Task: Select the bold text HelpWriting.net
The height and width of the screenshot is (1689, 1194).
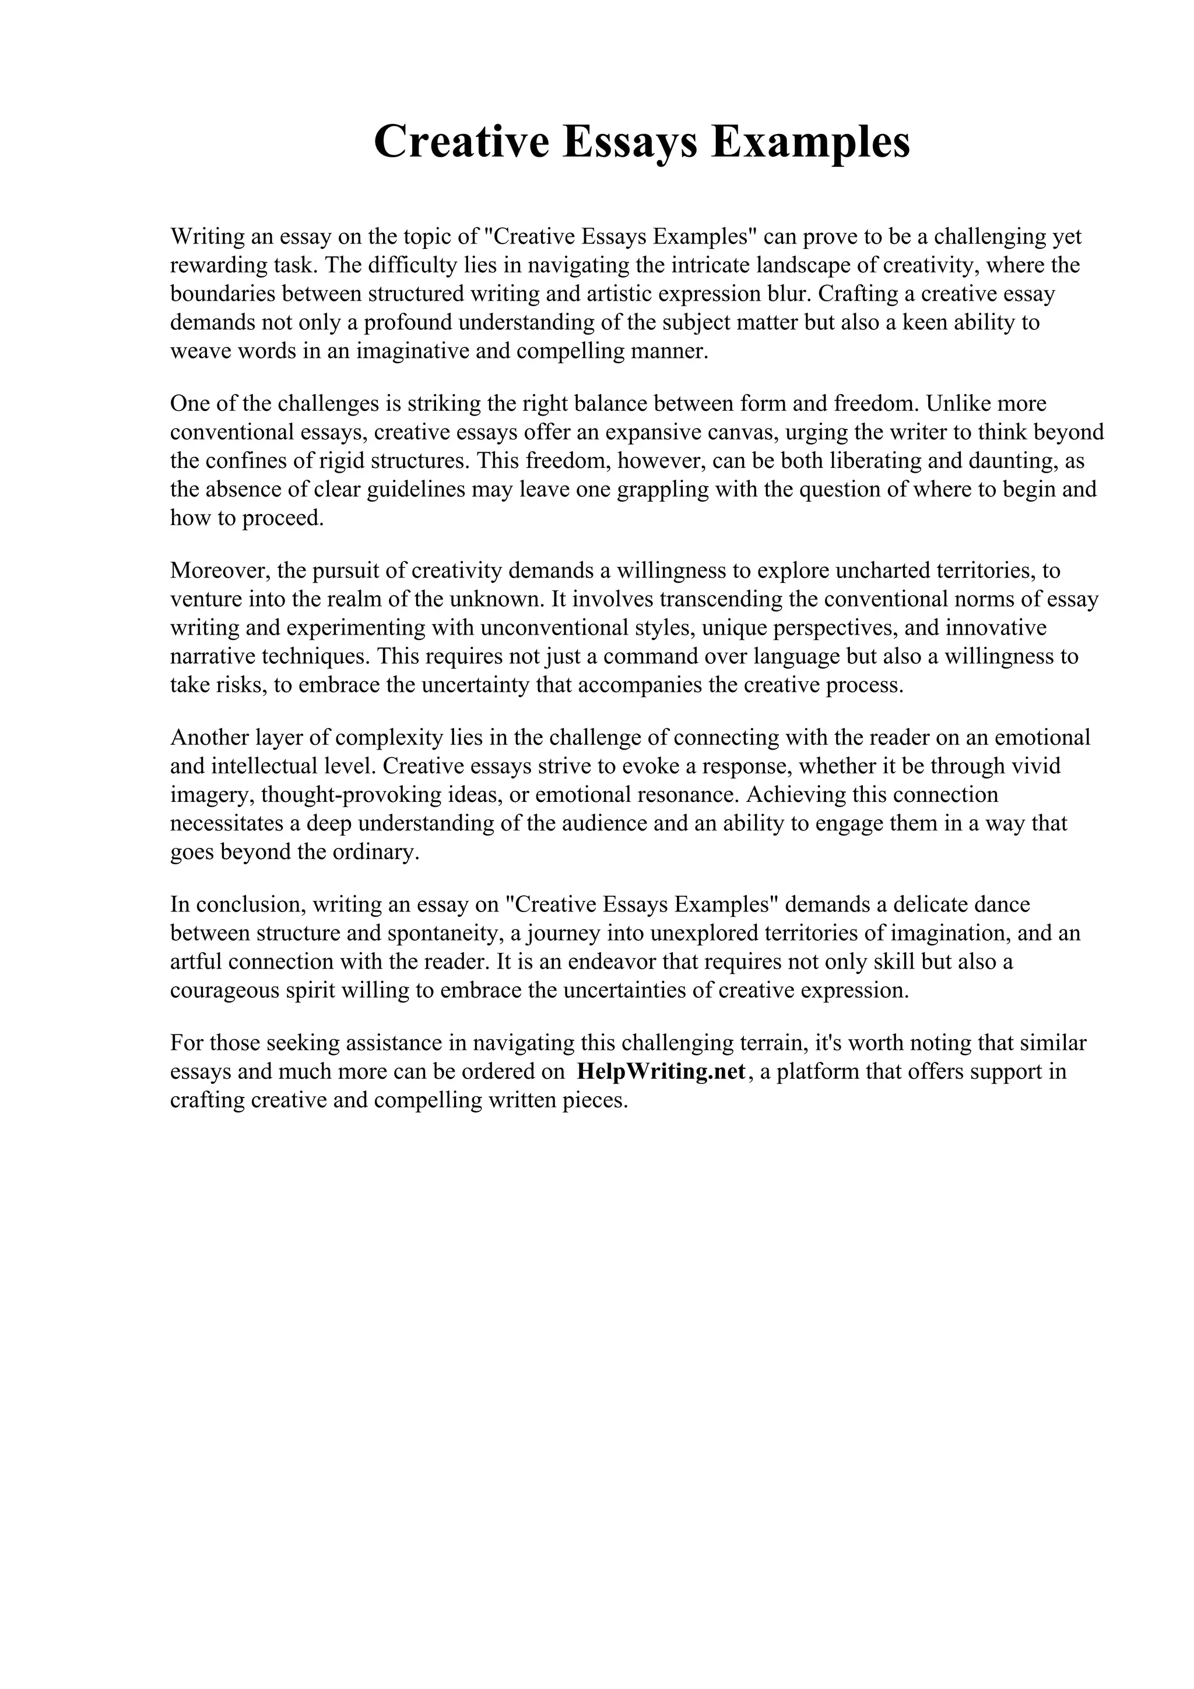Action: click(661, 1071)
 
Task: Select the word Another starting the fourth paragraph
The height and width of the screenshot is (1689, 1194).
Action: click(209, 737)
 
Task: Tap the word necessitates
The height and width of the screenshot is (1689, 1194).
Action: click(226, 823)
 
